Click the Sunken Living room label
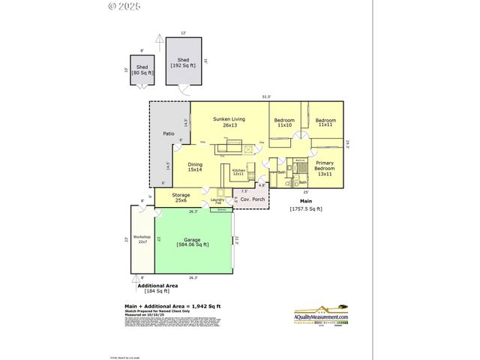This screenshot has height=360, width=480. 229,122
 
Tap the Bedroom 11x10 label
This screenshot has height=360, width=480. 284,123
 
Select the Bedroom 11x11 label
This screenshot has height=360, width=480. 325,122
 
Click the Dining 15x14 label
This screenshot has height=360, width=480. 195,167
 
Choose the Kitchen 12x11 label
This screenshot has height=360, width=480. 238,172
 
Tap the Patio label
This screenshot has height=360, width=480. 169,134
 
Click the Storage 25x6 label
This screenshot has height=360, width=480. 181,197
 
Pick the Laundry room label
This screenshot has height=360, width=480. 218,201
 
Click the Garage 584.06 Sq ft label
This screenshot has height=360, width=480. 193,242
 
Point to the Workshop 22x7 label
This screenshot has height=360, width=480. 142,239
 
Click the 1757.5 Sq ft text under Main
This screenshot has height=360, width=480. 306,208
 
